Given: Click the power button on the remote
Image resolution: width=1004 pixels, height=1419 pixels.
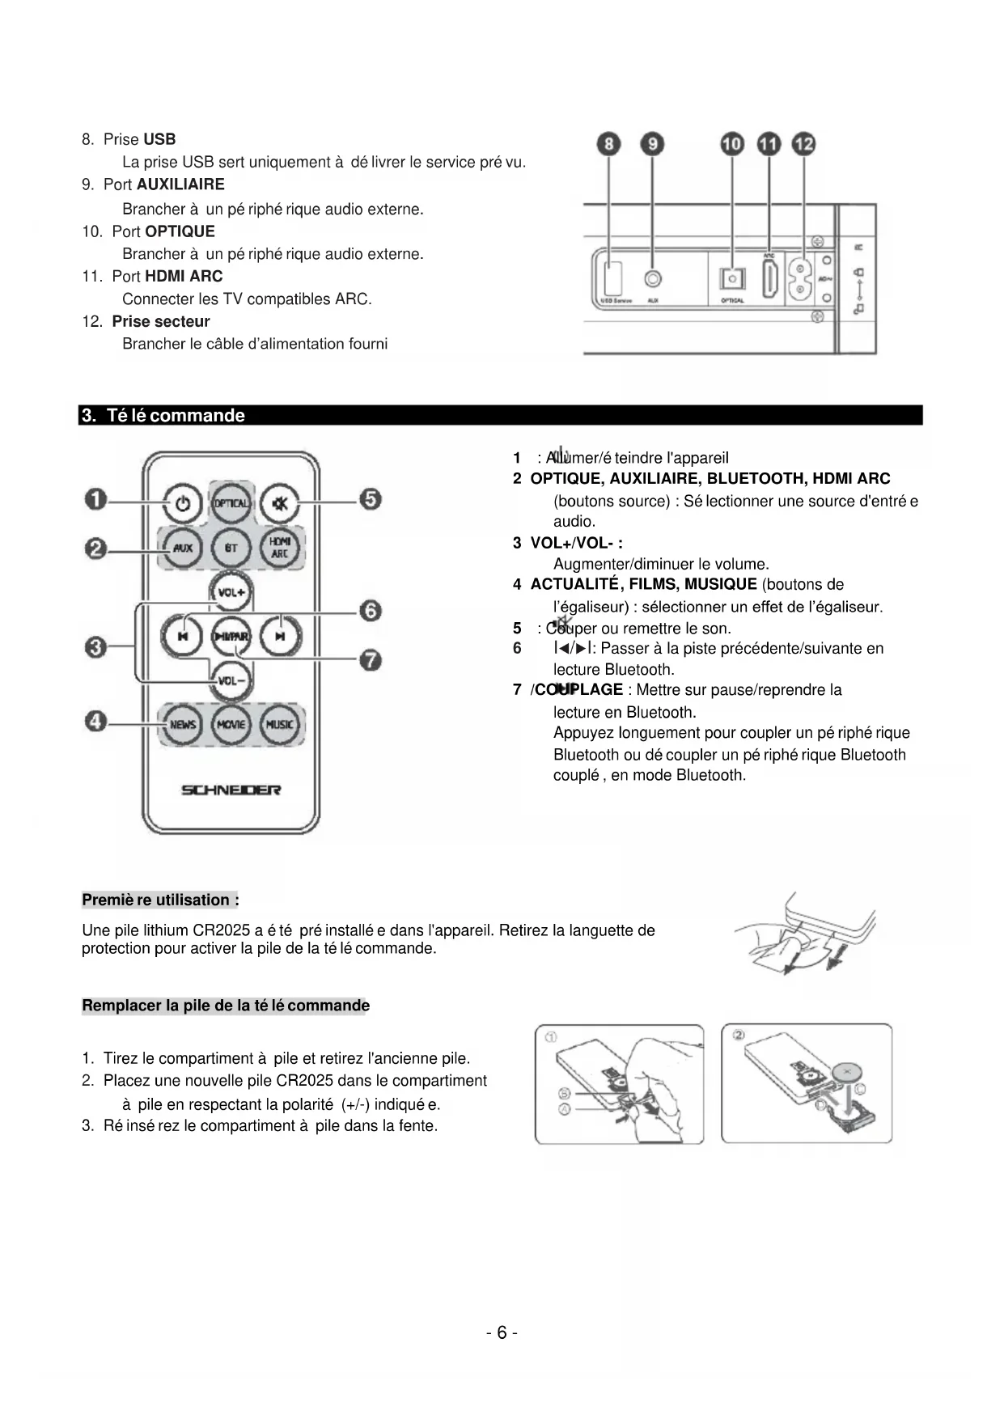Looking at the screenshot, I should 183,503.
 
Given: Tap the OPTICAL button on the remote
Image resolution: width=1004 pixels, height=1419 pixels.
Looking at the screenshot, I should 231,503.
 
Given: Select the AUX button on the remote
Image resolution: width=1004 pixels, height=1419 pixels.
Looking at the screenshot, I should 183,548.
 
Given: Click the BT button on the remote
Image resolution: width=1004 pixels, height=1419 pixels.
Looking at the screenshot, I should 231,548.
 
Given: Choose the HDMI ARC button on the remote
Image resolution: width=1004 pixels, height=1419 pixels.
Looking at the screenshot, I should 279,548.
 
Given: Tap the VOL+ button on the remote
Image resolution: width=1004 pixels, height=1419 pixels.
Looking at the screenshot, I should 231,592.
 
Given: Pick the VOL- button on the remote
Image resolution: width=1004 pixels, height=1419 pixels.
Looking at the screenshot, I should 231,680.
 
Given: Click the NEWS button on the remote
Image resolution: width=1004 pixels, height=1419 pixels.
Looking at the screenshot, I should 183,724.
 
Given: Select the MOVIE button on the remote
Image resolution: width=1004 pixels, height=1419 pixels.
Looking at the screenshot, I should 231,724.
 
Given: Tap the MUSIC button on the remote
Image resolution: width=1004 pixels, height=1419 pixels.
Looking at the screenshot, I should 279,724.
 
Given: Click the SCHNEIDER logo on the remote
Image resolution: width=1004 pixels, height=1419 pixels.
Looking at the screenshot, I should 231,790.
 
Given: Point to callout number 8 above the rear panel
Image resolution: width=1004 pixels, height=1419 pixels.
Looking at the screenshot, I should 608,145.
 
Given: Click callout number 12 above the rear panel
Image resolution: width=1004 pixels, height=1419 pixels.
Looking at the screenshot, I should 803,145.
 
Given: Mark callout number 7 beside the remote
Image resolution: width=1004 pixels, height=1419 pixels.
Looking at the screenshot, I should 371,660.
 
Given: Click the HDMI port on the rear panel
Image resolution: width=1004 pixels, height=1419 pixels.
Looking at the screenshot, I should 769,279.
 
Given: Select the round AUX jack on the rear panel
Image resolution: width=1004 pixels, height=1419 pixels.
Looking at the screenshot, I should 653,279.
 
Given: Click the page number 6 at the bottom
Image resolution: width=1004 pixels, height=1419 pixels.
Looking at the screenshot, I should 502,1332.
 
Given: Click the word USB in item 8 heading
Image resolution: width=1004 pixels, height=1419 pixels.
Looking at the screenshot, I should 159,139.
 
